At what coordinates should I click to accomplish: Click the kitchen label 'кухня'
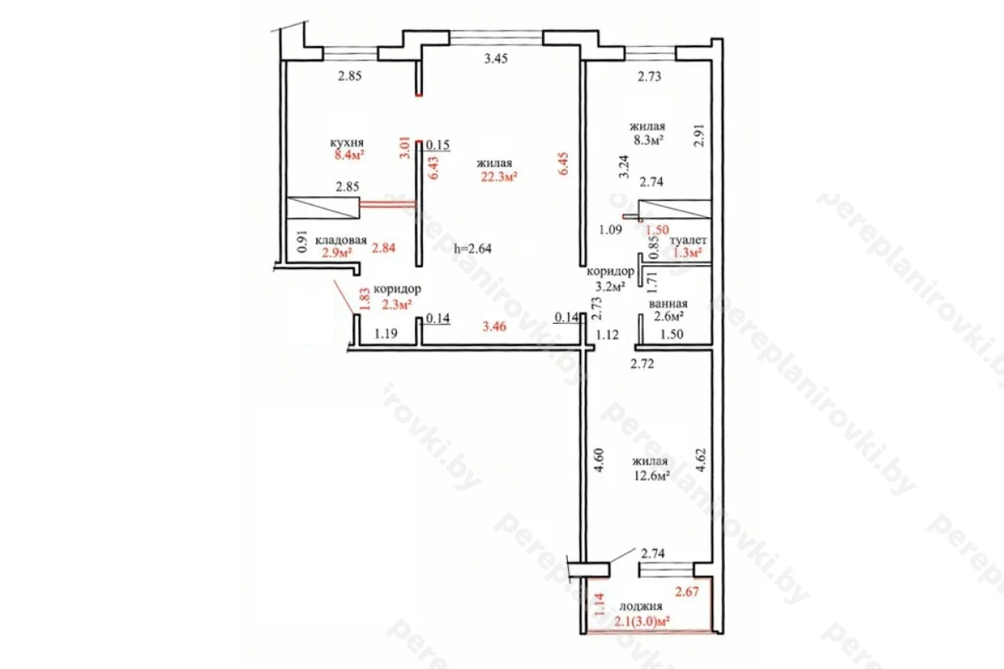(x=347, y=143)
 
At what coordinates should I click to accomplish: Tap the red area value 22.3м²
(x=500, y=176)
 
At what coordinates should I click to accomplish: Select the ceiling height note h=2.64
(x=473, y=249)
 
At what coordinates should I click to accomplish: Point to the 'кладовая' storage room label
(x=341, y=240)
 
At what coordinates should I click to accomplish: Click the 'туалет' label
(x=688, y=240)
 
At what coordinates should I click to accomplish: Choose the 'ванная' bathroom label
(x=668, y=304)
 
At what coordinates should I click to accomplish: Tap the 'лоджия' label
(x=641, y=606)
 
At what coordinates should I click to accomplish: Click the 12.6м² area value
(x=652, y=475)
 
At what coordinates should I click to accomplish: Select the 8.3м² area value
(x=649, y=140)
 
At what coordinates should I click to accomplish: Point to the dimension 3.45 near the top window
(x=496, y=58)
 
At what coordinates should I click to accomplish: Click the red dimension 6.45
(x=563, y=164)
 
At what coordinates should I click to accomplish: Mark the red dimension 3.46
(x=494, y=326)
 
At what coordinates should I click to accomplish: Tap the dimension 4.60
(x=599, y=460)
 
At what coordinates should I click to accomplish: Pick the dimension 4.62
(x=700, y=460)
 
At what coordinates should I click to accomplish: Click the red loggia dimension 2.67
(x=687, y=591)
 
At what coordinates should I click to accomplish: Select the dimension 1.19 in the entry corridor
(x=386, y=333)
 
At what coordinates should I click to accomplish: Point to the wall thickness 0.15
(x=438, y=145)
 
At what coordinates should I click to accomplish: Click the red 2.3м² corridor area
(x=397, y=305)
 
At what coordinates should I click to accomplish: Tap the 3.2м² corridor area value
(x=610, y=286)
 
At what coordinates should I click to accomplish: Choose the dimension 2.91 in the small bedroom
(x=699, y=136)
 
